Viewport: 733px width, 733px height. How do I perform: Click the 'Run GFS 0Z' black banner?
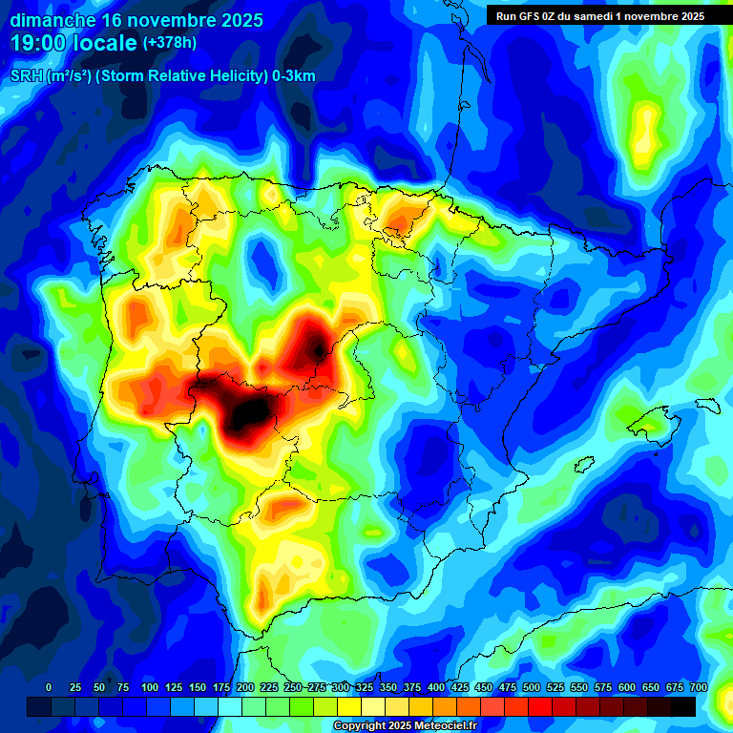coord(600,16)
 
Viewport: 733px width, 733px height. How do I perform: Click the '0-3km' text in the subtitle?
coord(293,76)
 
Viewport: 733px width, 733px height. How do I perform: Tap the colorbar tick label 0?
coord(49,687)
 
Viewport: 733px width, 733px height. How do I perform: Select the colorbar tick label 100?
coord(150,687)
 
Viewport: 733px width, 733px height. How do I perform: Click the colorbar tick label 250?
coord(293,687)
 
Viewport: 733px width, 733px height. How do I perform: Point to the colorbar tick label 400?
coord(436,687)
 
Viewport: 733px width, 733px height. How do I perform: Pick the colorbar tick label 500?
coord(532,687)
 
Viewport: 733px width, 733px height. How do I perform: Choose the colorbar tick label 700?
coord(698,687)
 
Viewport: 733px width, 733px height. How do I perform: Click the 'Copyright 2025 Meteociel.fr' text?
coord(405,726)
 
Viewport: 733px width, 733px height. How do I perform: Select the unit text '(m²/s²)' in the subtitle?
coord(70,76)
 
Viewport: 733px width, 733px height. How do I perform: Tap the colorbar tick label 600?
coord(627,687)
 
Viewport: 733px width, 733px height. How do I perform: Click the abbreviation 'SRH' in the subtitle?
coord(26,76)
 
